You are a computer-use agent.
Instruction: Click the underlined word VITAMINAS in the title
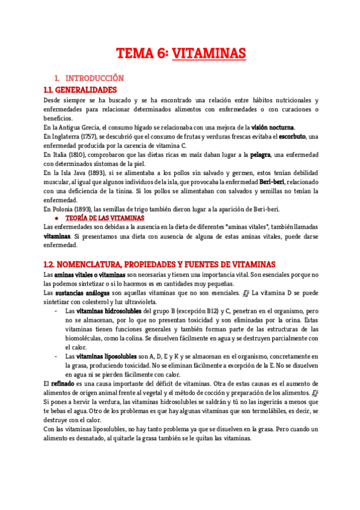pyautogui.click(x=209, y=54)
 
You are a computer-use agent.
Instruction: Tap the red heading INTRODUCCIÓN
pyautogui.click(x=94, y=78)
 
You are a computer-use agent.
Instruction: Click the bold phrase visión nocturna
pyautogui.click(x=273, y=127)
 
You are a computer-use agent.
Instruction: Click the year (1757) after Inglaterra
pyautogui.click(x=86, y=137)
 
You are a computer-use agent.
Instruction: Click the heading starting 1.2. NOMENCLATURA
pyautogui.click(x=160, y=264)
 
